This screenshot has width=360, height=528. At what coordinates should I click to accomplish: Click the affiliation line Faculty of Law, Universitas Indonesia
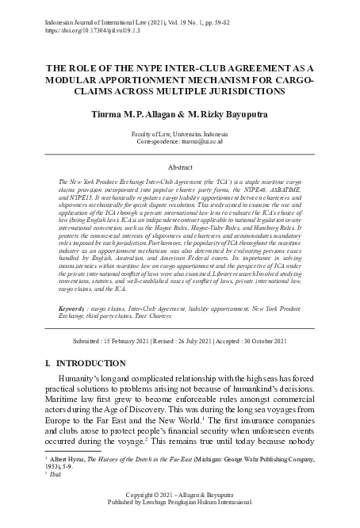179,136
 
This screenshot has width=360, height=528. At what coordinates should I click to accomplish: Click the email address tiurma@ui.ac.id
207,143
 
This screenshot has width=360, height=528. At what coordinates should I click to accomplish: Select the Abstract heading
179,167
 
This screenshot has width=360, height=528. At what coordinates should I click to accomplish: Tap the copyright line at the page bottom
179,516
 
